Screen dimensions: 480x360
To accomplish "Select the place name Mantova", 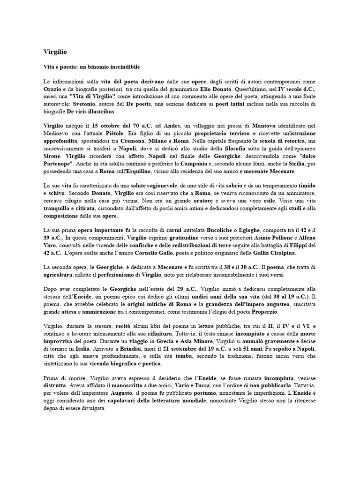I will point(267,126).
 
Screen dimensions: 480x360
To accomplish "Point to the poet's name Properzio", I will point(265,312).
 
